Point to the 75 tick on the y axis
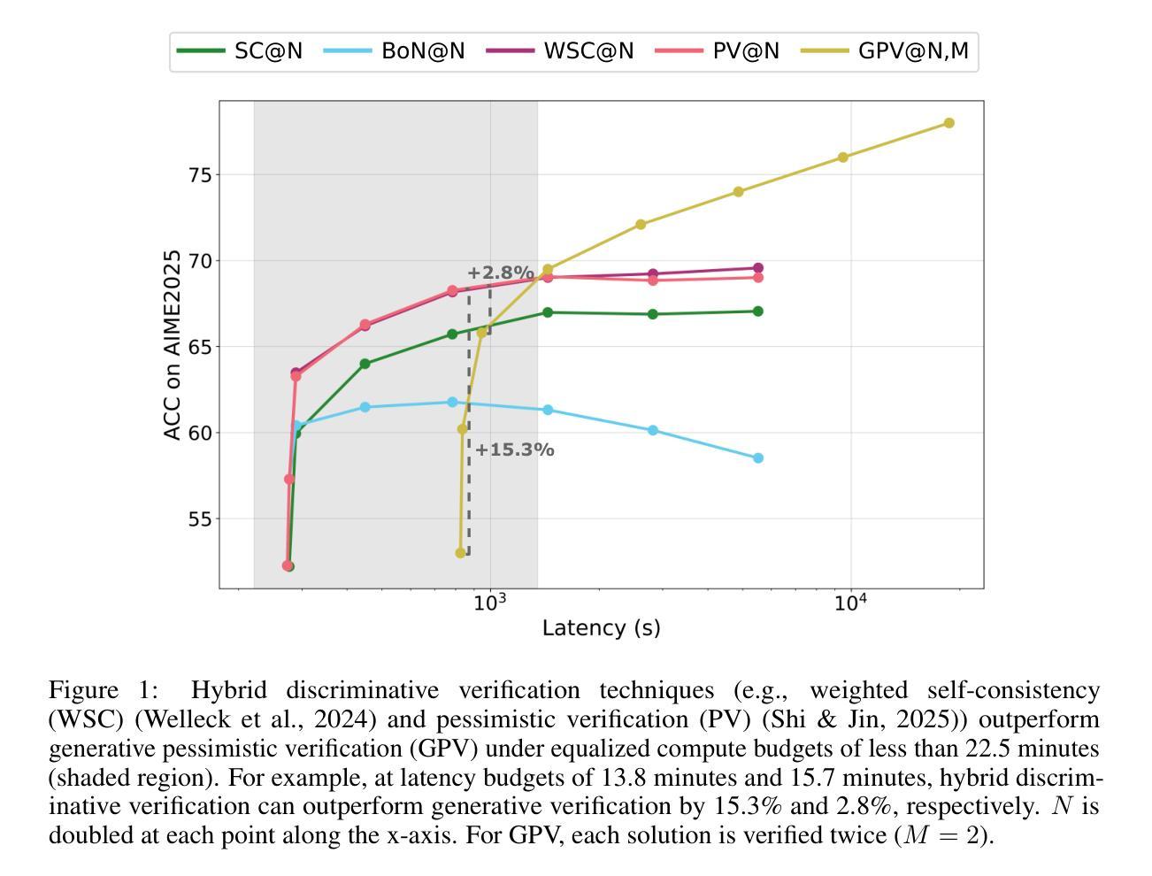click(200, 175)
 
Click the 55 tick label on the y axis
click(200, 519)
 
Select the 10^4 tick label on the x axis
click(850, 603)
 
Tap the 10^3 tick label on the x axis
click(490, 603)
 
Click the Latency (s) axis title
click(601, 628)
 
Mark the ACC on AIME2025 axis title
click(173, 345)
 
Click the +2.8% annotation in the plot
click(500, 273)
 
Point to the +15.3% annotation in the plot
click(514, 450)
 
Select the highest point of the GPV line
click(948, 123)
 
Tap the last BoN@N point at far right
click(758, 458)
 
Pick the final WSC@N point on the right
click(758, 268)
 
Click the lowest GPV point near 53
click(460, 553)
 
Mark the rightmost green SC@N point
click(758, 311)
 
